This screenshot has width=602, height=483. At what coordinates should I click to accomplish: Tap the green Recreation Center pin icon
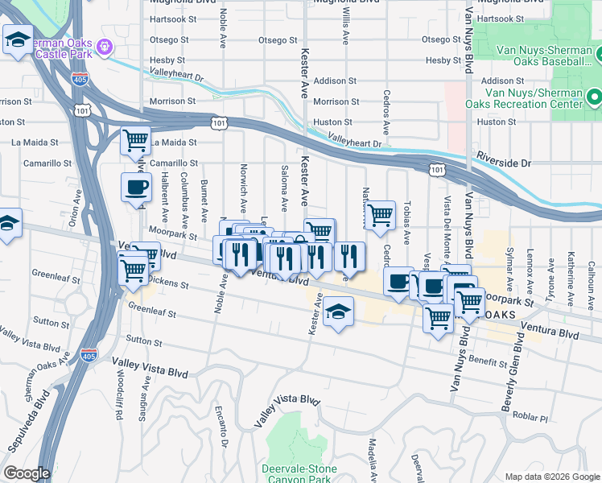[x=595, y=98]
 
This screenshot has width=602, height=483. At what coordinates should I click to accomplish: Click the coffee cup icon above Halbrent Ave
[x=136, y=187]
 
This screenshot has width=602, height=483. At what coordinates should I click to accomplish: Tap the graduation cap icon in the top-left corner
[x=17, y=39]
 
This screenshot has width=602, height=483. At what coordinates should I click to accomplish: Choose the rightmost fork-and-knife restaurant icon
[x=349, y=257]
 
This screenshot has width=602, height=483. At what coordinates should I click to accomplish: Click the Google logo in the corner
[x=27, y=473]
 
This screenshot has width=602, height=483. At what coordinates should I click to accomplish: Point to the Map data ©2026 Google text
[x=551, y=477]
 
